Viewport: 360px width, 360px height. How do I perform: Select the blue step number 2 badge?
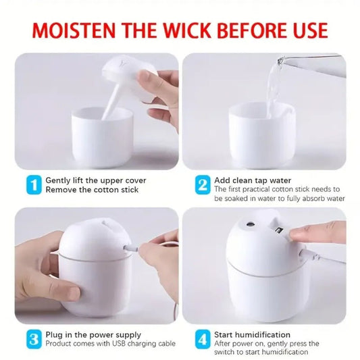pyautogui.click(x=202, y=185)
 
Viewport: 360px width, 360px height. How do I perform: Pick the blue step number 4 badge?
pyautogui.click(x=202, y=339)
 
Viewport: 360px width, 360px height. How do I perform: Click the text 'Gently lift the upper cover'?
pyautogui.click(x=95, y=180)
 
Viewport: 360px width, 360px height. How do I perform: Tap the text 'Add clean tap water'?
pyautogui.click(x=253, y=180)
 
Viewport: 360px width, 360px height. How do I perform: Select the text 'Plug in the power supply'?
pyautogui.click(x=93, y=334)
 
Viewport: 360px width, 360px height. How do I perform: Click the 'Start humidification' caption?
pyautogui.click(x=253, y=334)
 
